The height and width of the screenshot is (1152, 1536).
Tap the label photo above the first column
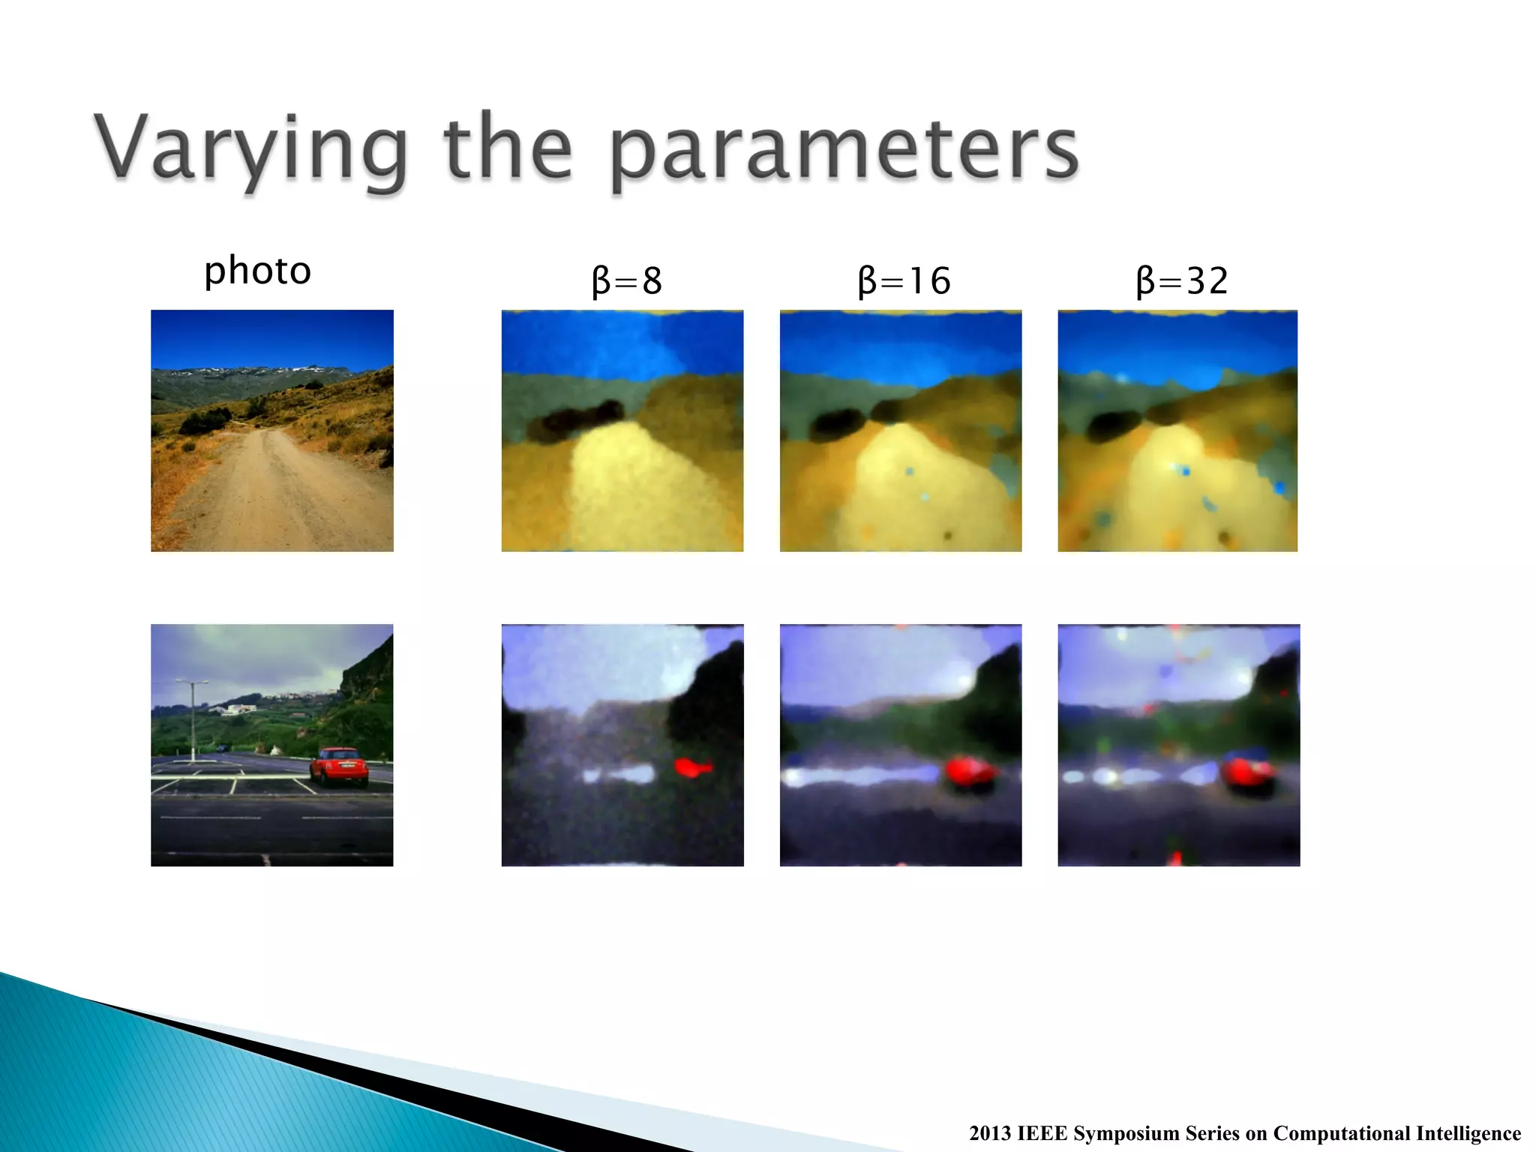(257, 271)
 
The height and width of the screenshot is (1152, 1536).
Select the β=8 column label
(626, 281)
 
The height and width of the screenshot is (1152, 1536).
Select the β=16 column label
(904, 281)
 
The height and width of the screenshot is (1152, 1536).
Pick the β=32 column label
(1182, 281)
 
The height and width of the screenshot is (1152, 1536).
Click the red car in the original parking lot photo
(339, 766)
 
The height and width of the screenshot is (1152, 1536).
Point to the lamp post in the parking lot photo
(193, 720)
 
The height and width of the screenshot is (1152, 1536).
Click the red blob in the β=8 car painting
(692, 767)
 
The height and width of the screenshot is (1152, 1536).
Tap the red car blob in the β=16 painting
(970, 772)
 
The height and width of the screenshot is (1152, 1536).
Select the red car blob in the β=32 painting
(1246, 772)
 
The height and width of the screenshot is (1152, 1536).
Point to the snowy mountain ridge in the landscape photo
(255, 371)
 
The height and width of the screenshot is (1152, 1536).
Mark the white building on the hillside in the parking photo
(240, 709)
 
